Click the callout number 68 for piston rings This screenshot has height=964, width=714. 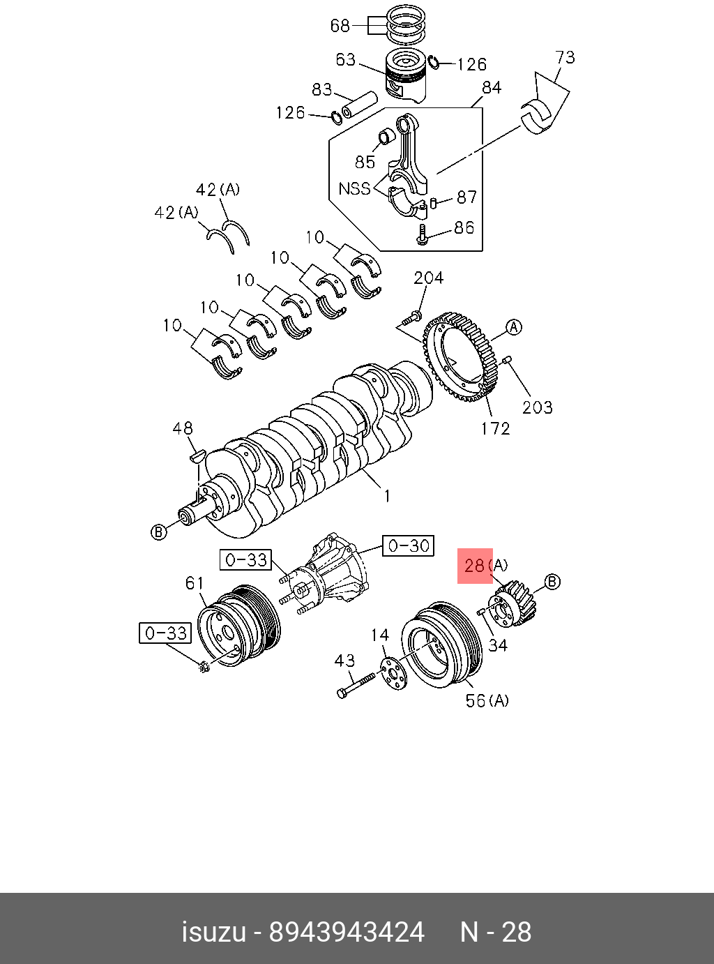pos(340,26)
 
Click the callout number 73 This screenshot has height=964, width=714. pos(565,57)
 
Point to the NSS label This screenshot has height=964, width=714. pos(354,188)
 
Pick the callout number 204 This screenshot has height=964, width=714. pos(428,278)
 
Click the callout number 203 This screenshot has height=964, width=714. pos(538,407)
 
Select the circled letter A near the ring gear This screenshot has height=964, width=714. pos(514,327)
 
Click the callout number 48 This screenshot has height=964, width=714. pos(183,428)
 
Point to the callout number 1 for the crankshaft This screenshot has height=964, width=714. pos(387,496)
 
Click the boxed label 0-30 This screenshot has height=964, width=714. pos(409,545)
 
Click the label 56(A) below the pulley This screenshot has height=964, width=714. pos(487,700)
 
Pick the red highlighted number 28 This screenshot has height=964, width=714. pos(475,565)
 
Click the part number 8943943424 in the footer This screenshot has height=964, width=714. pos(347,932)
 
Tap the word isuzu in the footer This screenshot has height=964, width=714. pos(214,932)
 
